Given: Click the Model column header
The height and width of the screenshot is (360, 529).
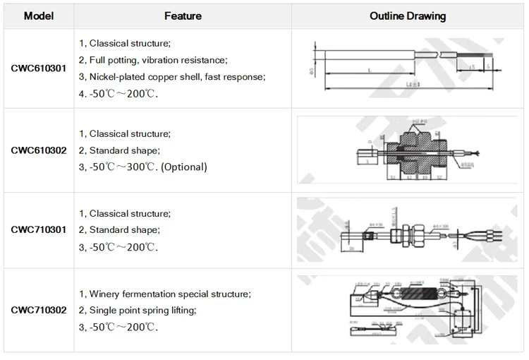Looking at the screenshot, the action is [38, 16].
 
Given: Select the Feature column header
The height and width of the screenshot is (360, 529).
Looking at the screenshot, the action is [183, 16].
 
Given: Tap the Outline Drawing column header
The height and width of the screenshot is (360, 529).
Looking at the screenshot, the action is [407, 16].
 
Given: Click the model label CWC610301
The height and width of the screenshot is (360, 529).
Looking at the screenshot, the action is [39, 68].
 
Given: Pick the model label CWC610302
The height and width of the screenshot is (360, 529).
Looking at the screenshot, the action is [39, 150].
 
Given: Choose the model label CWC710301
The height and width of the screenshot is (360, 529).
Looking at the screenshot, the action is [39, 230].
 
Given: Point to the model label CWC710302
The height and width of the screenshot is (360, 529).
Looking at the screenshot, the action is [39, 310].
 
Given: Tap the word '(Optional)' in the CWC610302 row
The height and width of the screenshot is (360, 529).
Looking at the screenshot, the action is [183, 167].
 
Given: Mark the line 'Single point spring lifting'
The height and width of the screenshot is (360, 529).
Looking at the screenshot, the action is [137, 311].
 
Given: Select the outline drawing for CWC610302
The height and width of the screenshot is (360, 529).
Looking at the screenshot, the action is [407, 150].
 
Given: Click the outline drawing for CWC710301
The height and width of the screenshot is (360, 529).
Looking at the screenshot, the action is [407, 231].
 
